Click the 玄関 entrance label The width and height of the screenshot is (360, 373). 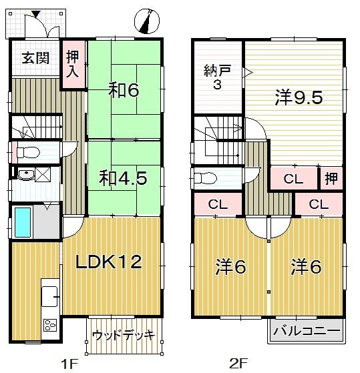pos(35,57)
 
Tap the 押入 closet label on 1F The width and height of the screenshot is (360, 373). pos(72,64)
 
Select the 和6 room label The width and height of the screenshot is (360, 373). pos(124,89)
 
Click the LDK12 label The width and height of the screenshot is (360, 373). pos(109,262)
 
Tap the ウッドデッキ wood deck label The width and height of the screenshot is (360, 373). pos(123,334)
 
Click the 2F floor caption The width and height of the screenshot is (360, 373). pos(238,363)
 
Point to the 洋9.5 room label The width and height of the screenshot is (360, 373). pos(299,97)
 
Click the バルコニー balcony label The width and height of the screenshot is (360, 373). pos(307,331)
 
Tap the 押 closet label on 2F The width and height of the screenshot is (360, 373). pos(331,179)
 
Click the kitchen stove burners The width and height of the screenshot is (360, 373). pos(50,326)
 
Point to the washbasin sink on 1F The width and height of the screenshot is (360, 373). pos(26,175)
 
